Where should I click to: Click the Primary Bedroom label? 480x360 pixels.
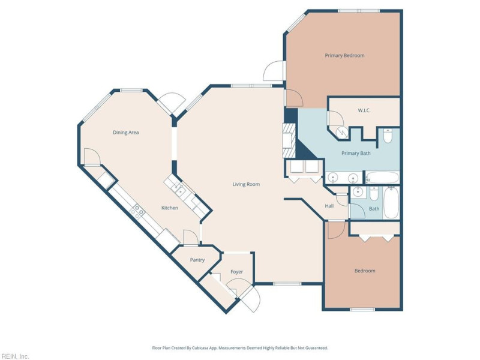click(344, 55)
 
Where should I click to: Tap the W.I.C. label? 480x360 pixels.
click(364, 110)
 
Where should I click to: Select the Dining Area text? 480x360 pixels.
click(126, 133)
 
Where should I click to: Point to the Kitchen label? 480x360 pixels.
click(170, 208)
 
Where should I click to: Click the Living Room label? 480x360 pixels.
click(246, 184)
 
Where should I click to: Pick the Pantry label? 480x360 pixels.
click(197, 260)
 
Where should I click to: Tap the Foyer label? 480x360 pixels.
click(236, 272)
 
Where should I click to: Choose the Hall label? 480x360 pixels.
click(329, 206)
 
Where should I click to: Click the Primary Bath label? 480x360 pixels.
click(356, 154)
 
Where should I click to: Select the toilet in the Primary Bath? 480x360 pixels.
click(388, 136)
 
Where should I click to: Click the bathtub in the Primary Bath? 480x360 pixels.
click(382, 178)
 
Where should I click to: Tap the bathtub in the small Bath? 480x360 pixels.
click(391, 202)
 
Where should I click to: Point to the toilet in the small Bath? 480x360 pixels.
click(374, 194)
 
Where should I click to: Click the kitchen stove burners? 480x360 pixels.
click(137, 212)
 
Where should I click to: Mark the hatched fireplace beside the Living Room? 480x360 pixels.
click(289, 141)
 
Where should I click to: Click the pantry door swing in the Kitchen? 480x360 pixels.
click(190, 237)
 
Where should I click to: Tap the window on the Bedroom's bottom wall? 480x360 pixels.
click(362, 310)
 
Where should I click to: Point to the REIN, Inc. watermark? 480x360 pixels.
click(14, 356)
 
